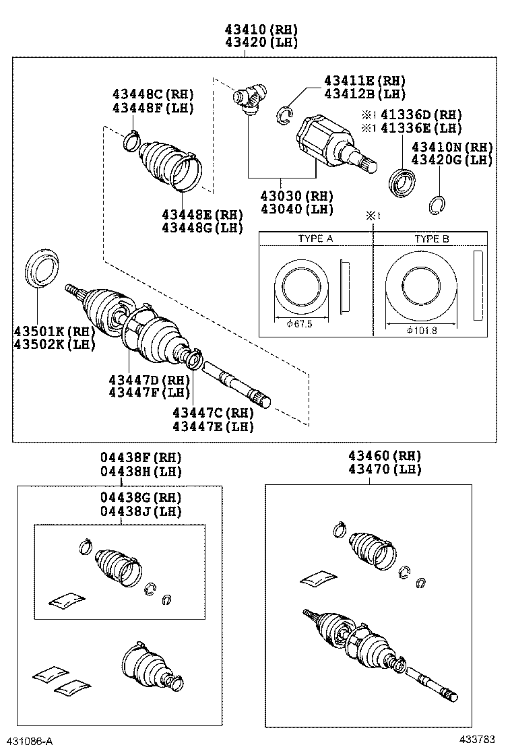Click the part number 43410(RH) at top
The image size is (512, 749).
point(261,30)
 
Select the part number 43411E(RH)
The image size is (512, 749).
point(364,81)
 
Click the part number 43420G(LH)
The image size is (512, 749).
point(452,160)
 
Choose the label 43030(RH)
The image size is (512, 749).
point(296,196)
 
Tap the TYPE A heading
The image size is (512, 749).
point(315,239)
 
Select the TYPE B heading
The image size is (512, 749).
point(431,239)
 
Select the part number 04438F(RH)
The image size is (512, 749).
point(141,458)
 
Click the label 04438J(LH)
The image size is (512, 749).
point(141,511)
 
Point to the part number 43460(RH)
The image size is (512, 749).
point(385,455)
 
